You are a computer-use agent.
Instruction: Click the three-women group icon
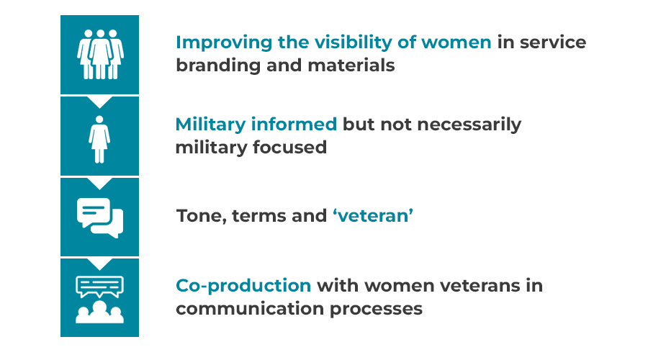tap(100, 54)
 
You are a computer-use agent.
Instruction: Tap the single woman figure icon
tap(99, 139)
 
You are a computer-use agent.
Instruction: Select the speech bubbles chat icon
tap(100, 218)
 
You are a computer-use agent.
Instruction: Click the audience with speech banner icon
tap(99, 300)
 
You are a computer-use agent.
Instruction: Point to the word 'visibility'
tap(353, 42)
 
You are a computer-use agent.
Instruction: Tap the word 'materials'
tap(351, 66)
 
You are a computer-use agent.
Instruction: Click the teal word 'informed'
tap(294, 124)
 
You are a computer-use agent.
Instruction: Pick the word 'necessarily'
tap(469, 125)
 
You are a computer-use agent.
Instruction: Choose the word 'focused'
tap(289, 147)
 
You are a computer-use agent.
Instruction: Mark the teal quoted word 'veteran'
tap(373, 216)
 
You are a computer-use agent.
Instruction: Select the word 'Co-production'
tap(243, 286)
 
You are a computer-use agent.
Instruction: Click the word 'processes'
tap(376, 310)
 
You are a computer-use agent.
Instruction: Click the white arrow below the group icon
tap(99, 102)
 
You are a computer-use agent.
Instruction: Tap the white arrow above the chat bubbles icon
tap(99, 183)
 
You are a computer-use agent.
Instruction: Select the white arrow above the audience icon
tap(99, 264)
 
